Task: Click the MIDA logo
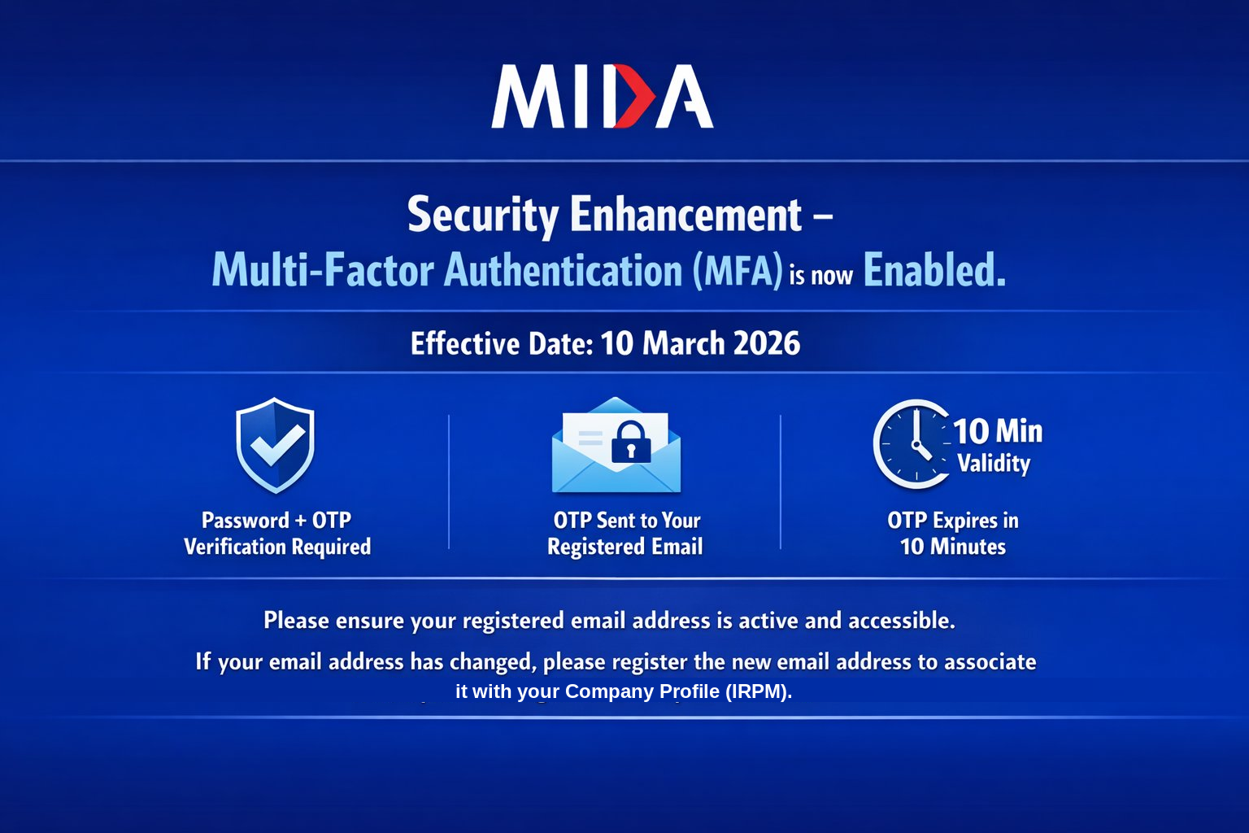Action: tap(603, 96)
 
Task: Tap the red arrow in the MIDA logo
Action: tap(634, 96)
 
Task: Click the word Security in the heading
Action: tap(483, 216)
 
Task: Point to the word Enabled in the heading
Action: tap(934, 269)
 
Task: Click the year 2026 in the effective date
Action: tap(767, 342)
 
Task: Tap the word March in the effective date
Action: tap(683, 342)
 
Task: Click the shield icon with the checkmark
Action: tap(275, 445)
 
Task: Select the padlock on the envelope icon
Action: tap(631, 443)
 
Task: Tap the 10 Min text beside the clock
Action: tap(998, 431)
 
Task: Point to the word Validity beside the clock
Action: tap(994, 463)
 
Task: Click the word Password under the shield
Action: tap(246, 521)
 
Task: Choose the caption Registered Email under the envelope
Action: tap(625, 546)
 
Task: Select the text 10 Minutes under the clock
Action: tap(953, 546)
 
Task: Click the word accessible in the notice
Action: tap(902, 621)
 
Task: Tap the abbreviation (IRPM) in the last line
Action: tap(759, 691)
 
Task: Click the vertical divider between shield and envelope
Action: tap(449, 482)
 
